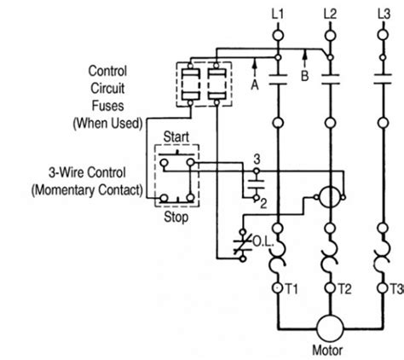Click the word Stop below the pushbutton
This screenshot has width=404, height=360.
176,217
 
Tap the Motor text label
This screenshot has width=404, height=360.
328,351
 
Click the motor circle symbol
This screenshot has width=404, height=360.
328,327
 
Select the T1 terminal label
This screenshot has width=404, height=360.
291,287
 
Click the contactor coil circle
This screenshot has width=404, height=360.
328,197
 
